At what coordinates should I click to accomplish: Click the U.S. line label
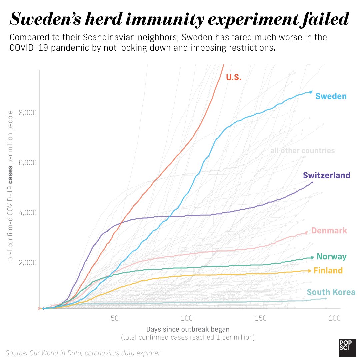[x=233, y=77]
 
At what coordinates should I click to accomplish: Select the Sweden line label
[x=331, y=96]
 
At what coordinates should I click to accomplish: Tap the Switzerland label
[x=326, y=175]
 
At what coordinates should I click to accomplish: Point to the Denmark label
[x=329, y=231]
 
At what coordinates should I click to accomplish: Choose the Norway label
[x=331, y=257]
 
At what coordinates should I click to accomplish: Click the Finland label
[x=328, y=271]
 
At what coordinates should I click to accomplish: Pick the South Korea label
[x=331, y=292]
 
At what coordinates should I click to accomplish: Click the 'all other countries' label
[x=302, y=151]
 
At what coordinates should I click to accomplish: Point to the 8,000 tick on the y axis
[x=27, y=113]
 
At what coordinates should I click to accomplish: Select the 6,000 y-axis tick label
[x=27, y=163]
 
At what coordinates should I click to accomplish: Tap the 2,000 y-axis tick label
[x=27, y=262]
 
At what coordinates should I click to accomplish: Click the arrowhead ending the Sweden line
[x=311, y=92]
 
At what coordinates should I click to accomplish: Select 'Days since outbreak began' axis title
[x=188, y=329]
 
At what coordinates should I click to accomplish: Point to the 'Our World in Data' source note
[x=83, y=353]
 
